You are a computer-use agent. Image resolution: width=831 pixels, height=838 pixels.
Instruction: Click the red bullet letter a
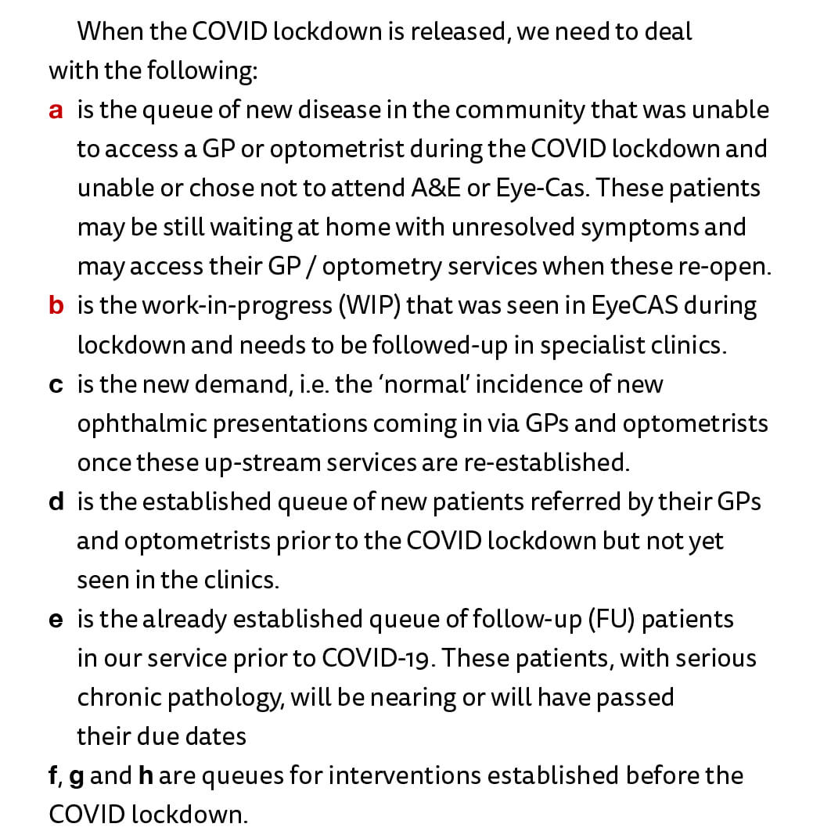(x=56, y=110)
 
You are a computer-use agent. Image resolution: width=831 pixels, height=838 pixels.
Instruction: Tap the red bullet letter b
(x=56, y=306)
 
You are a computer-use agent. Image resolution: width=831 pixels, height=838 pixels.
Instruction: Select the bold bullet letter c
(x=56, y=384)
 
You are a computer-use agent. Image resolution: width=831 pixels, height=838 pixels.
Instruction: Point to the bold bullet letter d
(x=56, y=502)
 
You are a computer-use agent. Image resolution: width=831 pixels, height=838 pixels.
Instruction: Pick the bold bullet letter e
(x=56, y=620)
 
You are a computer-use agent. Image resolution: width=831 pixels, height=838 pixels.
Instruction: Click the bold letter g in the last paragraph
(x=76, y=777)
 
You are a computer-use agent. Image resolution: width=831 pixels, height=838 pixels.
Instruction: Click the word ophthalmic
(x=142, y=423)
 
